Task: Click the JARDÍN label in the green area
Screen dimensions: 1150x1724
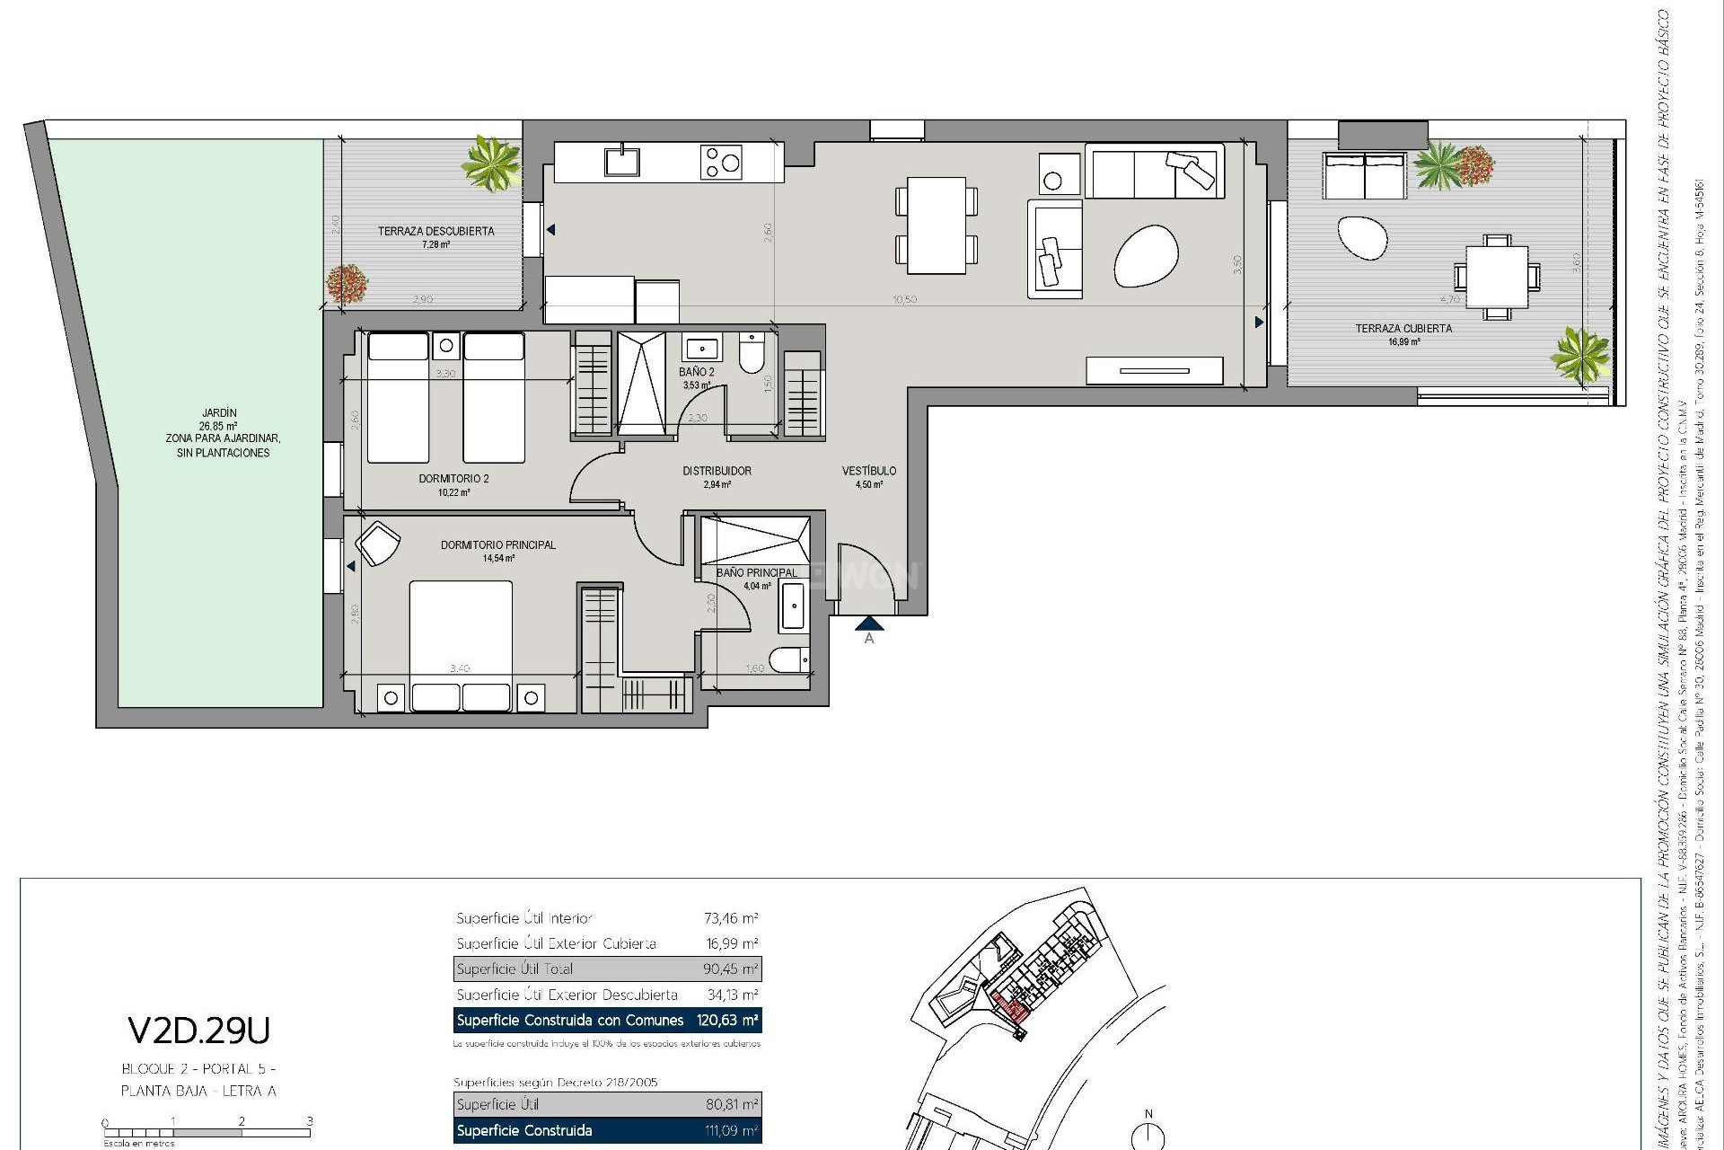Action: [x=219, y=413]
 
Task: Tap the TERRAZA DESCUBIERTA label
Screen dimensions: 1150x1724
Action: [x=435, y=231]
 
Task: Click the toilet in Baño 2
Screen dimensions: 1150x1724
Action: [x=751, y=353]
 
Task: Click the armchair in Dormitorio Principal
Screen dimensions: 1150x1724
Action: [x=378, y=544]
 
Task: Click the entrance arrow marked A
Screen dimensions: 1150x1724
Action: [x=868, y=624]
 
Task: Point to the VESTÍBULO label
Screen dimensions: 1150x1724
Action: [x=868, y=471]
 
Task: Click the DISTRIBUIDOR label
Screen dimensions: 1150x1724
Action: [x=717, y=471]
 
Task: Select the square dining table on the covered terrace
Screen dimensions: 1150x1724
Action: [x=1497, y=277]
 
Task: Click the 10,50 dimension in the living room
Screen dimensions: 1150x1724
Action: [x=905, y=300]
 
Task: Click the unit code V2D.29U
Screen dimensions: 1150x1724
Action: [x=198, y=1031]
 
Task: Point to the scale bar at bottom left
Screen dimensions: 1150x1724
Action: [x=207, y=1133]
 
